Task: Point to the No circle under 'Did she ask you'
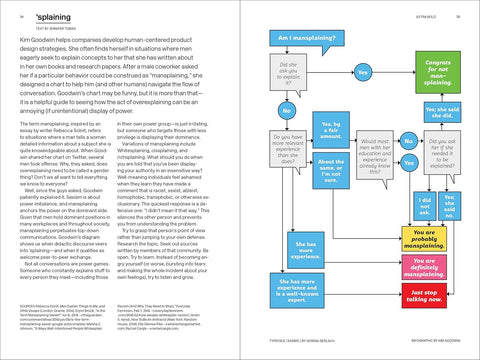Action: click(x=288, y=109)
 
